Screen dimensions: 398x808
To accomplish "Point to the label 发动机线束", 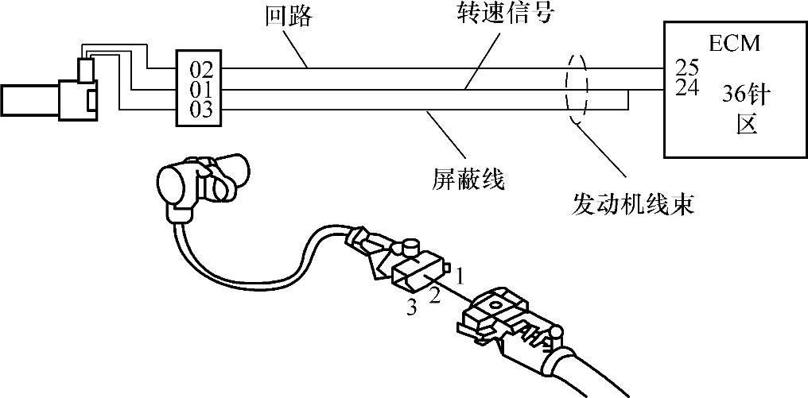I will tap(633, 204).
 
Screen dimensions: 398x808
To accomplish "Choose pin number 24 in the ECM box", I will tap(686, 87).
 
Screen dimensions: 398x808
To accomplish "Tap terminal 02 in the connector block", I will tap(201, 68).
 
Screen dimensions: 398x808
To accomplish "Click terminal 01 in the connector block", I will tap(201, 88).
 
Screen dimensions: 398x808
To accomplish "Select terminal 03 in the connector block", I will tap(201, 109).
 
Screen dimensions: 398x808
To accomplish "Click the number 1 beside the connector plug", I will tap(460, 274).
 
